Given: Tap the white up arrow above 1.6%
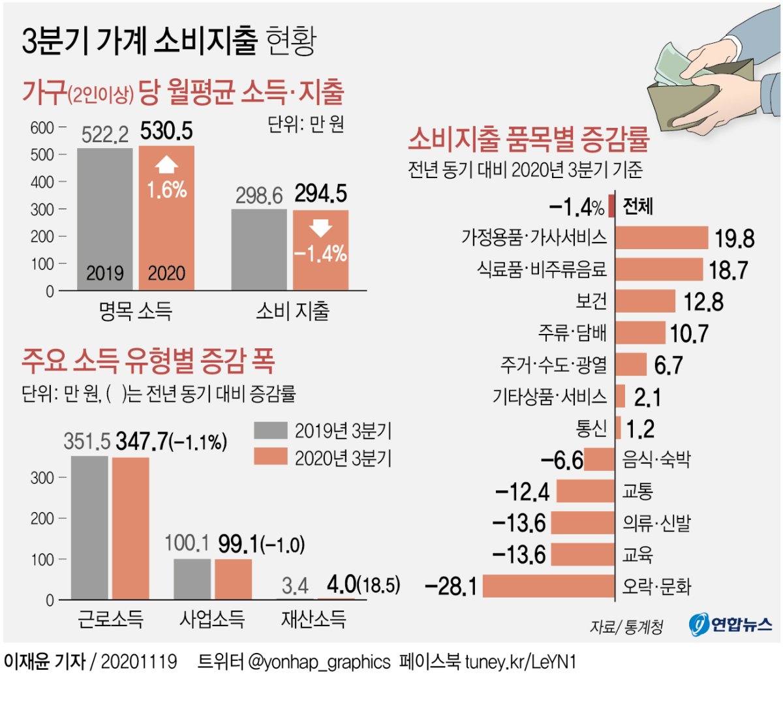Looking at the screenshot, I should (166, 164).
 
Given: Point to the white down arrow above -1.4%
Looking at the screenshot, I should (320, 228).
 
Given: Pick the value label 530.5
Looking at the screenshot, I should (166, 131).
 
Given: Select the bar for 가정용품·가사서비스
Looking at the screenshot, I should (661, 237).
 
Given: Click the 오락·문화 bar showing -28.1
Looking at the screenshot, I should (548, 586).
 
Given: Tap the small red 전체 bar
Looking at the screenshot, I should (611, 206).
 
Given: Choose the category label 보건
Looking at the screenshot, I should (591, 301).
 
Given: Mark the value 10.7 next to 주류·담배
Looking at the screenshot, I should (689, 334).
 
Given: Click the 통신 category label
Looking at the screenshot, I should (591, 428).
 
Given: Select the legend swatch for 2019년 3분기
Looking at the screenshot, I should (270, 431).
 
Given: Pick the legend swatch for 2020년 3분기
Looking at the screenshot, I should (270, 457).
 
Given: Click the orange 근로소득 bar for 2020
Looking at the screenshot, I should (130, 528).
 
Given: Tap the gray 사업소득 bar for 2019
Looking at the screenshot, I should (192, 579).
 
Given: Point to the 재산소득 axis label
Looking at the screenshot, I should (313, 618).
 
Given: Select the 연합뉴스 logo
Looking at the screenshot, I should (731, 624).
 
